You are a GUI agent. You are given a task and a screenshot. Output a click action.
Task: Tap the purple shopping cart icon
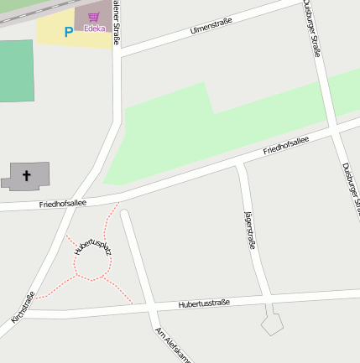pyautogui.click(x=94, y=17)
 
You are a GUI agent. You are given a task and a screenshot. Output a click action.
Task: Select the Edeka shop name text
pyautogui.click(x=94, y=29)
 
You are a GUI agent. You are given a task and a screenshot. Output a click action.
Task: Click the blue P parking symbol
pyautogui.click(x=68, y=32)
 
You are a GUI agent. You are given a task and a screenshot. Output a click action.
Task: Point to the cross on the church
pyautogui.click(x=27, y=176)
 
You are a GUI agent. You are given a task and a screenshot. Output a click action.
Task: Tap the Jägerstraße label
pyautogui.click(x=249, y=231)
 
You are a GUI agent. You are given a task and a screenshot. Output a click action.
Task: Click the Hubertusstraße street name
pyautogui.click(x=204, y=303)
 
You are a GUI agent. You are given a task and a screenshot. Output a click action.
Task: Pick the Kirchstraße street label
pyautogui.click(x=23, y=308)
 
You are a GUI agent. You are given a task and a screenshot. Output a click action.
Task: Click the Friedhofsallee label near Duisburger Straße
pyautogui.click(x=285, y=146)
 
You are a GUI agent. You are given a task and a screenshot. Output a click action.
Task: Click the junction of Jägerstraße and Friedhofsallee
pyautogui.click(x=239, y=163)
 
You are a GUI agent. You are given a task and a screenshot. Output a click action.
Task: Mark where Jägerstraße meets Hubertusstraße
pyautogui.click(x=266, y=298)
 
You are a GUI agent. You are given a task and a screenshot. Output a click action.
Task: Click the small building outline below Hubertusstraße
pyautogui.click(x=272, y=323)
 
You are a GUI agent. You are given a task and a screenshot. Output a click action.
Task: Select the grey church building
pyautogui.click(x=25, y=177)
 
